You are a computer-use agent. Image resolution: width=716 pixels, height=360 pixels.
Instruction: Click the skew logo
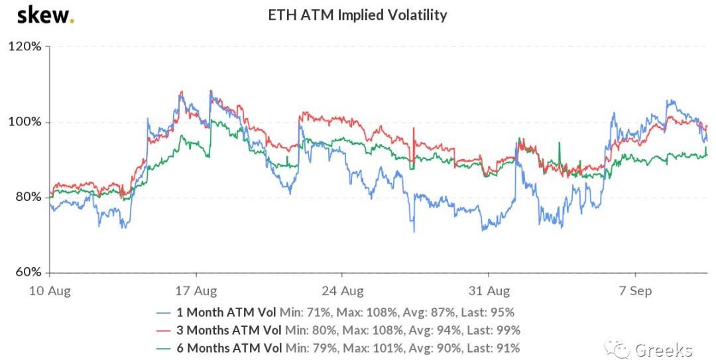(45, 15)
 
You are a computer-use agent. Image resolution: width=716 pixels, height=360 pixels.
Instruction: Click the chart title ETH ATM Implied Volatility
(357, 15)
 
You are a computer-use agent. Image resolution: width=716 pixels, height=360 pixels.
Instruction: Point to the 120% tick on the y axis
(25, 47)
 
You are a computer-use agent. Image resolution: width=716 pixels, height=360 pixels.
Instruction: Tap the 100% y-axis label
(25, 123)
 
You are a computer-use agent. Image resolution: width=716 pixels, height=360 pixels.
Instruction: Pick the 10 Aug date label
(50, 291)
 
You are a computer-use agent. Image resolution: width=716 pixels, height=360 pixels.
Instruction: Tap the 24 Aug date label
(342, 291)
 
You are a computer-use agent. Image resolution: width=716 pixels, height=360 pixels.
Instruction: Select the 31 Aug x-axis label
(489, 291)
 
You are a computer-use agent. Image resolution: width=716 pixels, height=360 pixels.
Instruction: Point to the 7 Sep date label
(635, 291)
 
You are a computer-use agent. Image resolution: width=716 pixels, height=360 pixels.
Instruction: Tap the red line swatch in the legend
(164, 330)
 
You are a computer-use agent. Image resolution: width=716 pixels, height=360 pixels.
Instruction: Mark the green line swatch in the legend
(164, 347)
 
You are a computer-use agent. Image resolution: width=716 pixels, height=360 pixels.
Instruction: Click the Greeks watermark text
(663, 349)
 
